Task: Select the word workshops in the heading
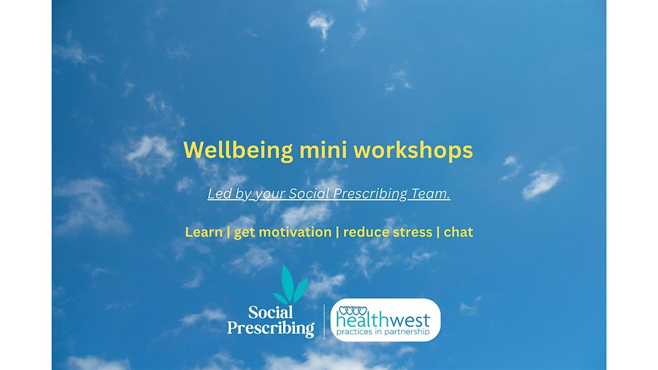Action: click(419, 151)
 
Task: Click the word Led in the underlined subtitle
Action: click(218, 193)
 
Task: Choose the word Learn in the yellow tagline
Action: click(203, 232)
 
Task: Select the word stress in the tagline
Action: click(412, 232)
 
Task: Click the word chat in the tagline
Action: click(458, 232)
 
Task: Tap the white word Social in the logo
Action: click(271, 312)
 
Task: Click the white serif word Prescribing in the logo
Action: click(271, 328)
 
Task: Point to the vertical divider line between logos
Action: click(324, 321)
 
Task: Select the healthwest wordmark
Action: click(384, 321)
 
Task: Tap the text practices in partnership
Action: click(384, 332)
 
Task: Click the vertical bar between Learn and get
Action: click(228, 232)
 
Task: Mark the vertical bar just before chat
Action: click(438, 232)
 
